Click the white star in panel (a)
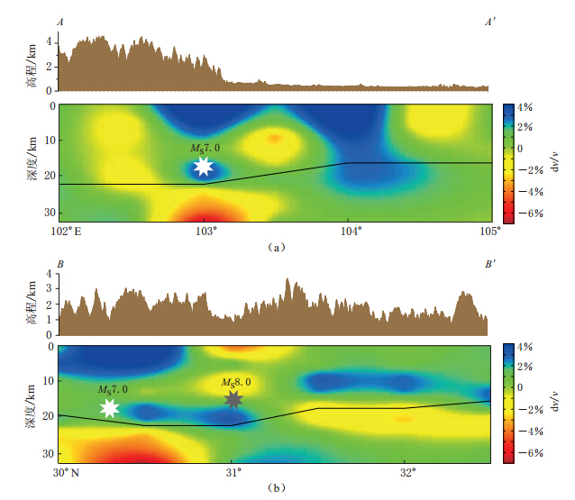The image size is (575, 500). tap(204, 166)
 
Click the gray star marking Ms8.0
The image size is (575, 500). tap(233, 399)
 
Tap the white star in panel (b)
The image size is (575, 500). tap(109, 408)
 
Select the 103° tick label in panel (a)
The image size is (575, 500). tap(205, 231)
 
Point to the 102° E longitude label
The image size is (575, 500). tap(67, 231)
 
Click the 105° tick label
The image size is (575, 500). tap(491, 231)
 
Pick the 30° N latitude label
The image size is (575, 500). tap(69, 471)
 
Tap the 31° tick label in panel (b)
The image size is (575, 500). tap(233, 471)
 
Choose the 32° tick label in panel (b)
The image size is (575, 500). tap(406, 471)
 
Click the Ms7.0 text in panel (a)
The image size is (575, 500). tap(204, 148)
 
